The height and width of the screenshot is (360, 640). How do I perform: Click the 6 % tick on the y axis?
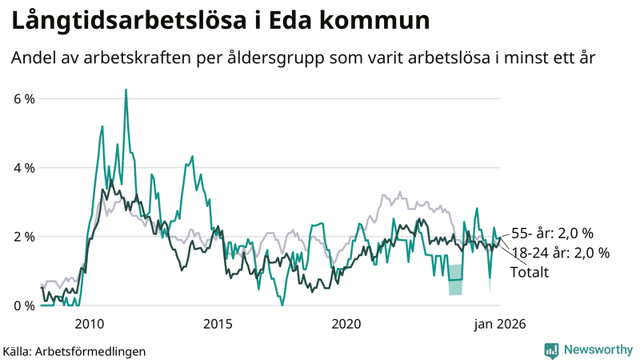[x=23, y=98]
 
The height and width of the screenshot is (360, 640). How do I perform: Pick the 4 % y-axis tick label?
[x=23, y=168]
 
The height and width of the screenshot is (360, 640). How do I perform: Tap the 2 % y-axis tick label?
[x=23, y=237]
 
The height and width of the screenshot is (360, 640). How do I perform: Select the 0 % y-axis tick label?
[x=23, y=306]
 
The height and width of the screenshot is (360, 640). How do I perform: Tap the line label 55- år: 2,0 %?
[x=552, y=234]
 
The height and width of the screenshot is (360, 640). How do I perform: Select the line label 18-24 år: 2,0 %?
[x=559, y=253]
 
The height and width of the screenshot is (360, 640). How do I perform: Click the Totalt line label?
[x=529, y=272]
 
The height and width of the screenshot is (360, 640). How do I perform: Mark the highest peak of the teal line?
[x=126, y=90]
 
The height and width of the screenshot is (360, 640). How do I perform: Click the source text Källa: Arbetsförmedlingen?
[x=74, y=350]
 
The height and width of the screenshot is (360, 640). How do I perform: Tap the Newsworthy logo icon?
[x=551, y=350]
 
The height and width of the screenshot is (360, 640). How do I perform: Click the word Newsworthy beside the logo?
[x=598, y=350]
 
